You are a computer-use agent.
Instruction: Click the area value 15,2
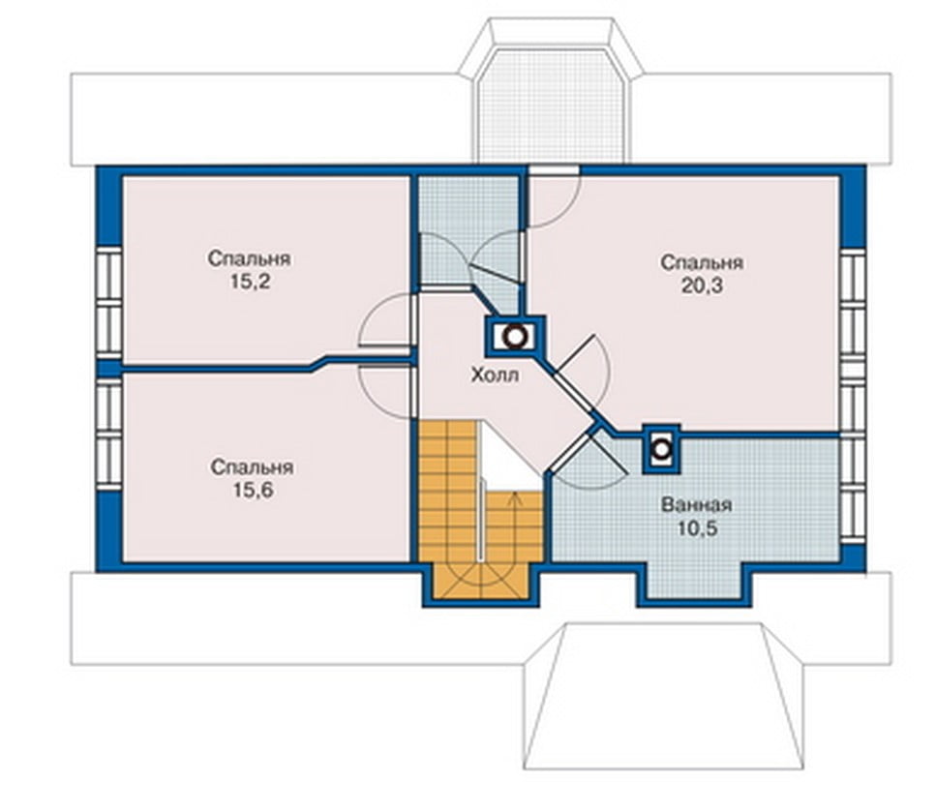pos(250,282)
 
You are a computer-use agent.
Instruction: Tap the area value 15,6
pos(253,490)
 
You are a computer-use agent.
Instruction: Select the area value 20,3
pos(702,285)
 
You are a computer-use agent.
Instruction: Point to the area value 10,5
pos(697,528)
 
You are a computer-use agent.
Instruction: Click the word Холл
pos(495,375)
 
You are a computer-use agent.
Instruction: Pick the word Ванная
pos(696,505)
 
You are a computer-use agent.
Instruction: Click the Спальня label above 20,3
pos(702,262)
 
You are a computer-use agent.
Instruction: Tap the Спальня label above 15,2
pos(250,258)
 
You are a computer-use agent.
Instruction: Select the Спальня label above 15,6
pos(252,466)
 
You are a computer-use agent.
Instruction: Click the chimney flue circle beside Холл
pos(515,337)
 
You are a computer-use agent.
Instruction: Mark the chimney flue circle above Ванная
pos(661,448)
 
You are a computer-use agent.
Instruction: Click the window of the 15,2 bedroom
pos(109,304)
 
